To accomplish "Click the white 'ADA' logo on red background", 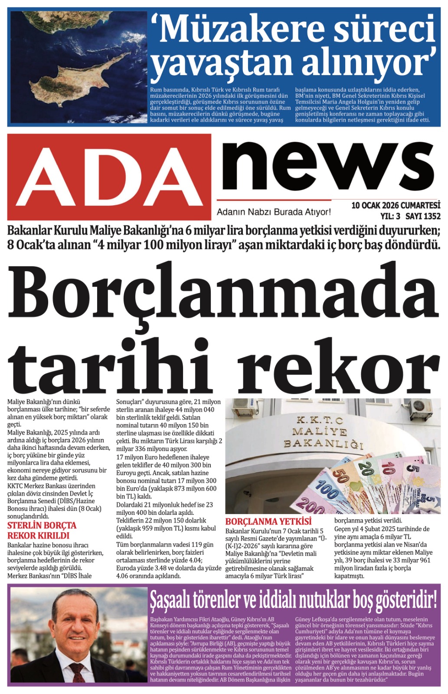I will point(109,177).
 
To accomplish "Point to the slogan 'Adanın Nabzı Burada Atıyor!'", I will point(274,212).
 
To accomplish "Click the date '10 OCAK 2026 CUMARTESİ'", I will point(396,206).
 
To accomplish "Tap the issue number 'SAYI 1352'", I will point(423,216).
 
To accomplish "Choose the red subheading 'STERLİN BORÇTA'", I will point(42,526).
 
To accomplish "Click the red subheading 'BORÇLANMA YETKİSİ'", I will point(268,521).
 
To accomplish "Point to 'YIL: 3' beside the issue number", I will point(390,216).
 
